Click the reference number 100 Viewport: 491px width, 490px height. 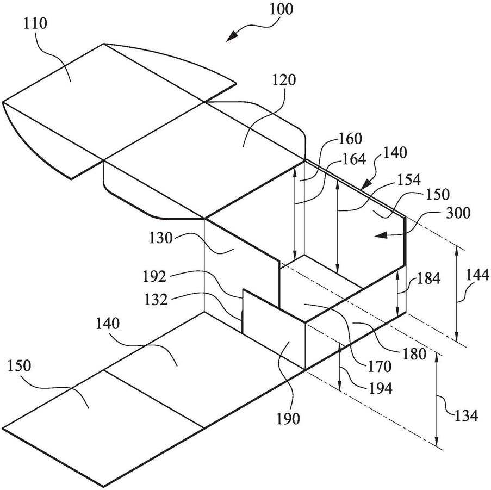(281, 9)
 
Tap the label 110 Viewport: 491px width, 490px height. (35, 23)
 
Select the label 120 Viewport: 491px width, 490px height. (284, 80)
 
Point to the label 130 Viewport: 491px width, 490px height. (160, 238)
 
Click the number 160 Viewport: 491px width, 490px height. (350, 138)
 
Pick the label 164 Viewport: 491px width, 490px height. (354, 159)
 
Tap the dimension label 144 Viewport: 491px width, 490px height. (477, 275)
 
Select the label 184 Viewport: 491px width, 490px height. (428, 278)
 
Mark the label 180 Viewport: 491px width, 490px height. (414, 354)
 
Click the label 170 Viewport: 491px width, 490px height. (379, 367)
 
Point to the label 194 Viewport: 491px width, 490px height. (380, 388)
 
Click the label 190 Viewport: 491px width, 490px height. (288, 418)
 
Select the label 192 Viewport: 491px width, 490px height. (154, 276)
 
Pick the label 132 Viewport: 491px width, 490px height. (156, 299)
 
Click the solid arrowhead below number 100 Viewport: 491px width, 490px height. (232, 36)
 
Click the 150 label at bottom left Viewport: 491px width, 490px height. (20, 365)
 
